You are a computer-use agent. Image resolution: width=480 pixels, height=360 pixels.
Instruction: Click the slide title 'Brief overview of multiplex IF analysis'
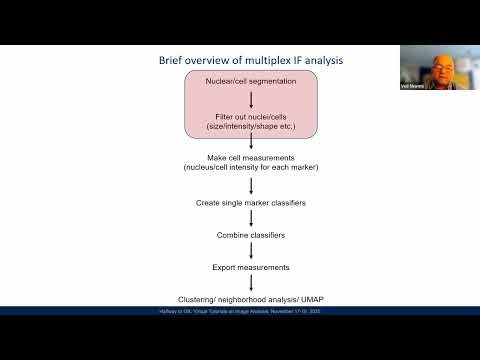click(250, 60)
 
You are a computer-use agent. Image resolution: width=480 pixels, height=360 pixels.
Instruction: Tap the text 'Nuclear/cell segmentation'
click(250, 79)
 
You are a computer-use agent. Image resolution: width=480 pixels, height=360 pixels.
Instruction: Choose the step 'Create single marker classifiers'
click(249, 204)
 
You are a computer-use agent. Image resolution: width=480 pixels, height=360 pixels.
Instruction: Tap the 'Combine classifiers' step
click(249, 236)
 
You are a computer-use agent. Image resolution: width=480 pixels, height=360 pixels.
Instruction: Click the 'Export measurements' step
click(249, 268)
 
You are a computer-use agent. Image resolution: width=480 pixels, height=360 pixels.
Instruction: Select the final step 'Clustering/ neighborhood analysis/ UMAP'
click(249, 300)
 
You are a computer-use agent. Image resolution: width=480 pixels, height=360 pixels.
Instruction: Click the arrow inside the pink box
click(250, 99)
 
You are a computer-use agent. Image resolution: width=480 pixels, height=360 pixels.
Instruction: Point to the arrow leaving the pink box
click(250, 147)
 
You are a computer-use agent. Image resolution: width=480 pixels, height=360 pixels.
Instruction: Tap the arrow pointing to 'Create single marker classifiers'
click(250, 188)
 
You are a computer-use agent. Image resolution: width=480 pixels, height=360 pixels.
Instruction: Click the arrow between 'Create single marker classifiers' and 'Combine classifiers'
click(250, 220)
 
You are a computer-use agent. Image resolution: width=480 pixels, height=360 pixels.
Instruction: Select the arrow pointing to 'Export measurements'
click(250, 252)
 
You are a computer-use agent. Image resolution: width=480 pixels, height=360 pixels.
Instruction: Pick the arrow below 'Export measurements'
click(250, 284)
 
